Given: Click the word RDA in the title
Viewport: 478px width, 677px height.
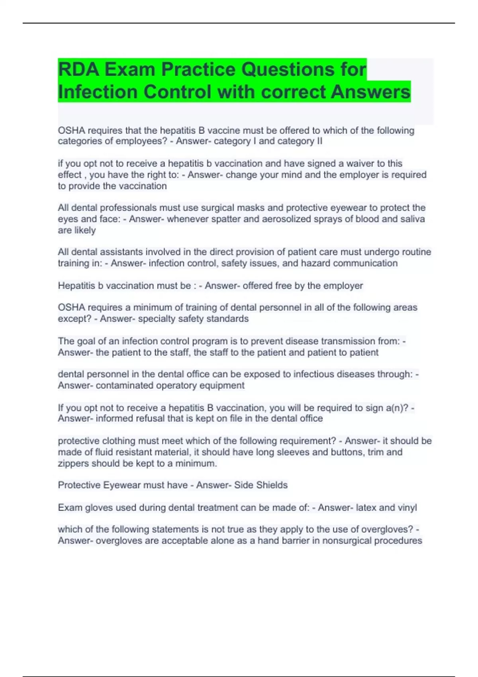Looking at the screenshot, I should pyautogui.click(x=78, y=69).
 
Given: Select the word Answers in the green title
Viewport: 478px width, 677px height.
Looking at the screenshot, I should pyautogui.click(x=370, y=92).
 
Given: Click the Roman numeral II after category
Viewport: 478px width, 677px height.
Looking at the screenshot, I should pyautogui.click(x=319, y=141).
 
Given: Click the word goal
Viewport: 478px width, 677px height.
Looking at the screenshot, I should pyautogui.click(x=86, y=341).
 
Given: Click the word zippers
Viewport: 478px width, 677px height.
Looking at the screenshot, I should pyautogui.click(x=73, y=464).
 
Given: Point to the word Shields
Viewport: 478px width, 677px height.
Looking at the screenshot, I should pyautogui.click(x=272, y=485).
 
